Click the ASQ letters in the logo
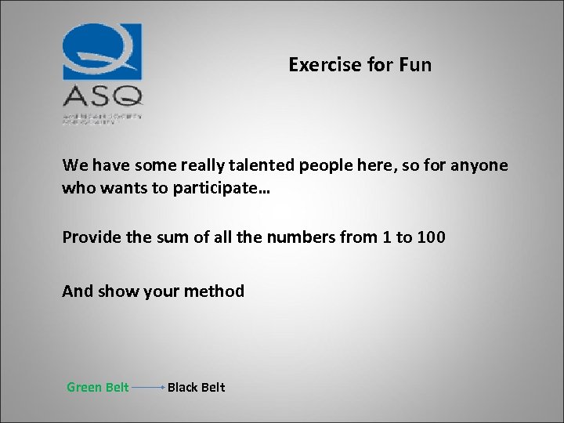[103, 96]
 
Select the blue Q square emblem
[103, 51]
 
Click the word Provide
[93, 237]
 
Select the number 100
[431, 237]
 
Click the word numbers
[296, 237]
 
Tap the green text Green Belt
[98, 387]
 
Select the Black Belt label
[196, 387]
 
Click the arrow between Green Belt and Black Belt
[148, 388]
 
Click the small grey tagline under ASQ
[102, 117]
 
